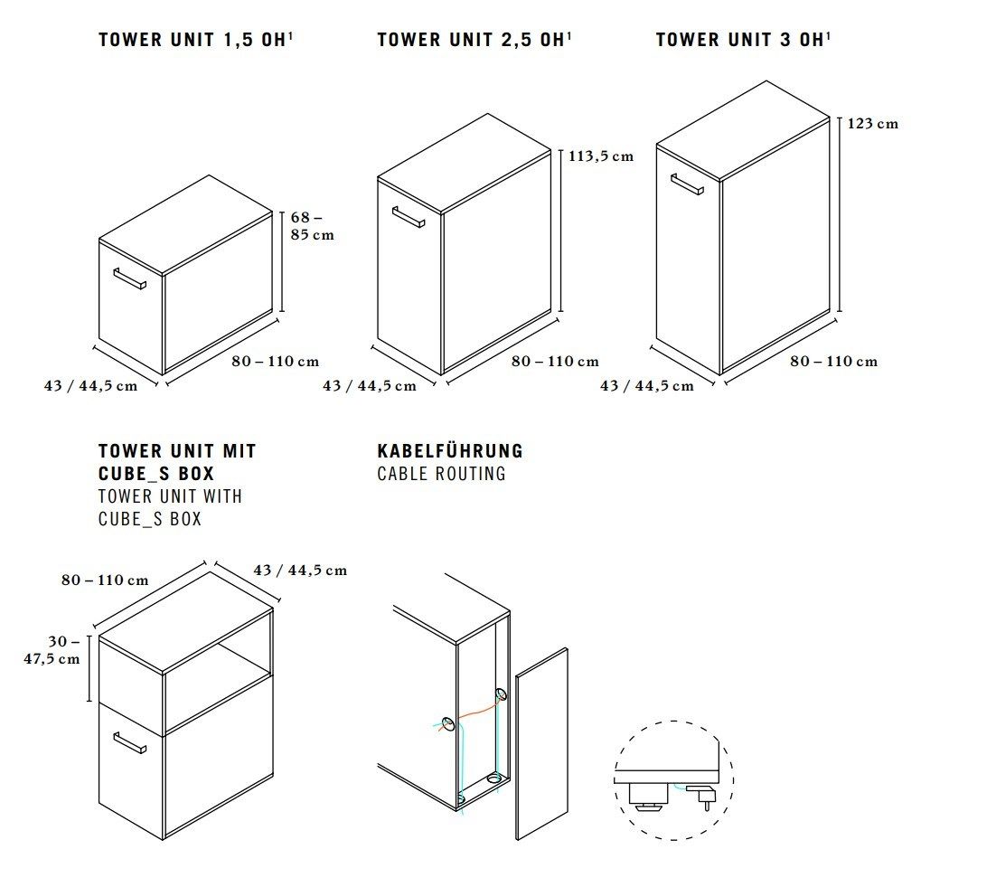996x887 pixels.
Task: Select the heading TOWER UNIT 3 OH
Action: click(x=740, y=40)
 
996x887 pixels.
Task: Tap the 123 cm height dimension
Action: click(x=873, y=124)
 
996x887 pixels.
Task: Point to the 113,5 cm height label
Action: click(x=601, y=156)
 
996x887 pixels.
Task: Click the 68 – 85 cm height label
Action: click(x=312, y=226)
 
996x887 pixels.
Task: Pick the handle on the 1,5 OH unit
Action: click(x=129, y=278)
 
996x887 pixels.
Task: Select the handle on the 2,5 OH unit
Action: click(x=408, y=217)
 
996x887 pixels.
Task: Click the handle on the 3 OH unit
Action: click(x=687, y=184)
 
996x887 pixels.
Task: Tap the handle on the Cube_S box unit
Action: click(x=129, y=742)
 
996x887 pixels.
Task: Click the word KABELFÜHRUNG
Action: click(x=450, y=451)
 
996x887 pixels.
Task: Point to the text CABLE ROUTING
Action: click(x=441, y=474)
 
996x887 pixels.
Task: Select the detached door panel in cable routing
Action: click(x=541, y=743)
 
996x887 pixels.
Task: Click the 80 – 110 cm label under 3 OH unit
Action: click(x=833, y=362)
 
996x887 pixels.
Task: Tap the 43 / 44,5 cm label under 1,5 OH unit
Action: click(x=90, y=386)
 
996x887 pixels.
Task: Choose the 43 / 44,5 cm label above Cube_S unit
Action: click(x=300, y=571)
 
